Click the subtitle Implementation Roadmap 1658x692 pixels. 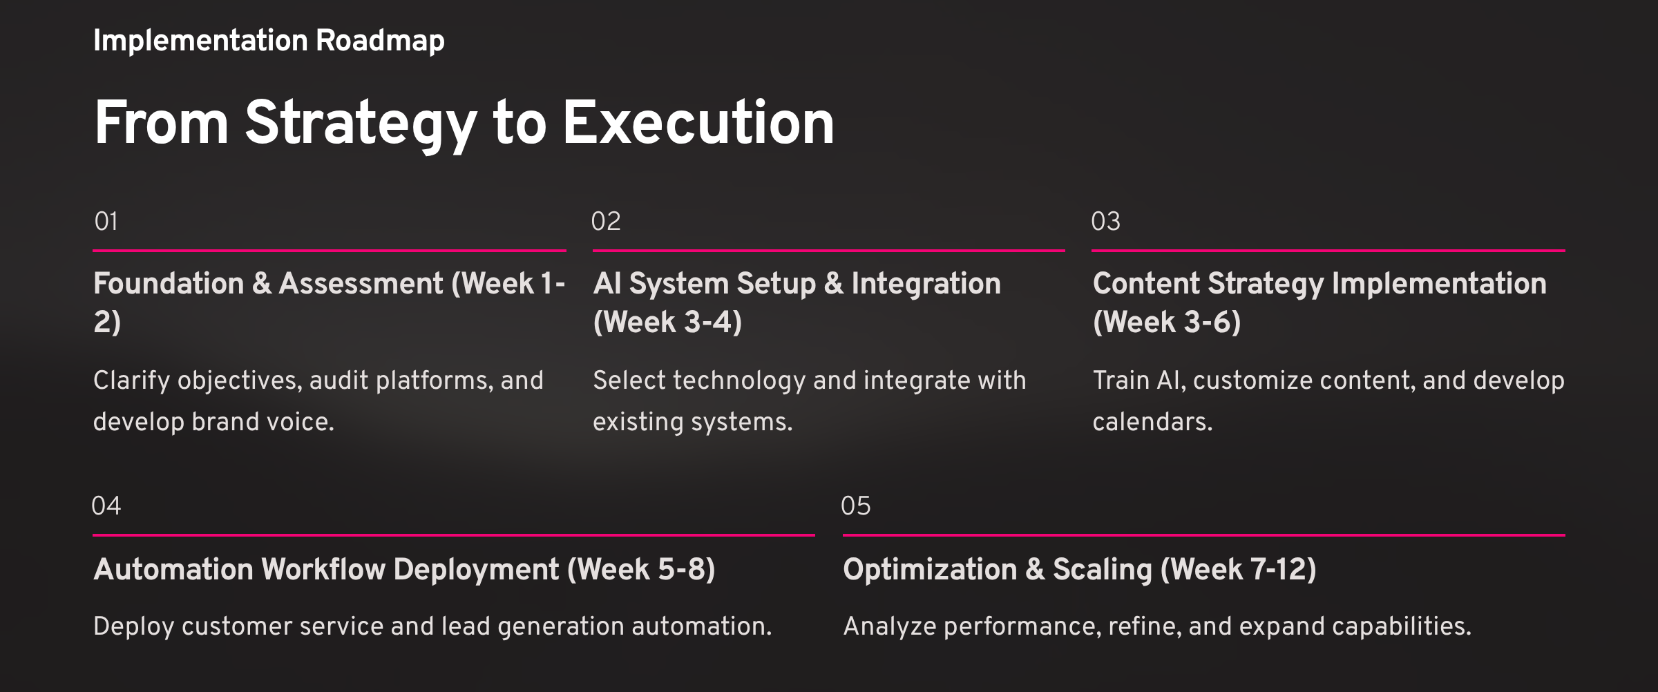(x=269, y=41)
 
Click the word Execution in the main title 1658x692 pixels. (x=698, y=123)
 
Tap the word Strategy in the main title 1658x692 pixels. (x=361, y=125)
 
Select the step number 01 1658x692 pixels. (x=106, y=221)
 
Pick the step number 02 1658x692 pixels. (x=606, y=221)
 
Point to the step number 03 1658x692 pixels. (x=1105, y=221)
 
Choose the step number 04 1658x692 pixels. (x=106, y=506)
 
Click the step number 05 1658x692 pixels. (x=856, y=506)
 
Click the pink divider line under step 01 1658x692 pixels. (x=330, y=251)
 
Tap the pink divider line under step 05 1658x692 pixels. (x=1203, y=535)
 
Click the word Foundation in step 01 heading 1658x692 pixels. (x=169, y=284)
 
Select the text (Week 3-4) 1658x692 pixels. (x=667, y=323)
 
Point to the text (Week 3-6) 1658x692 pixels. (x=1167, y=323)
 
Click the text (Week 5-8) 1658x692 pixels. (x=641, y=570)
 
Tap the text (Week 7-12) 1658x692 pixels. (x=1239, y=570)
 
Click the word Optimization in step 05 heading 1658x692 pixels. (x=930, y=570)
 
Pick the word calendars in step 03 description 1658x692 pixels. (x=1152, y=422)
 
